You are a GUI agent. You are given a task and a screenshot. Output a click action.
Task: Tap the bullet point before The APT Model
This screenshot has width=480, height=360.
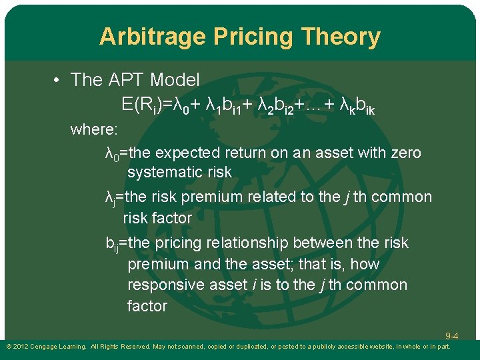[x=58, y=81]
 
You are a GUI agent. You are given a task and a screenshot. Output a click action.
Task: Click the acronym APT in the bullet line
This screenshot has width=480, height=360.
[x=124, y=80]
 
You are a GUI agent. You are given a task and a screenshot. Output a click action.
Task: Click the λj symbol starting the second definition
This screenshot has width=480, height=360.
[x=111, y=198]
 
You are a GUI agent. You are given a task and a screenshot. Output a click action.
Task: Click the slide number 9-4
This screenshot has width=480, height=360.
[x=451, y=337]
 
